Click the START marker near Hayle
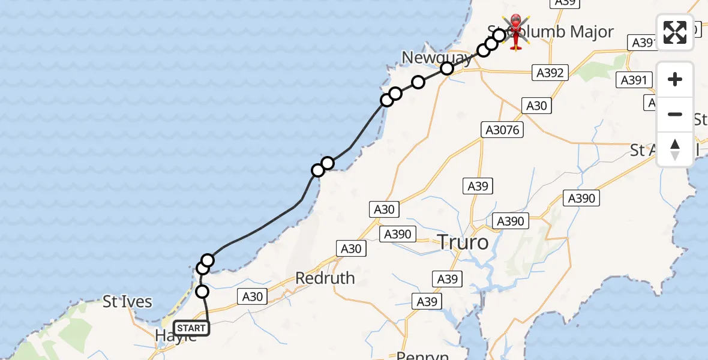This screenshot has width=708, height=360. point(191,328)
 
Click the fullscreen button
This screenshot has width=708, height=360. point(675,32)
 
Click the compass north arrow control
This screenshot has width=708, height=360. point(675,149)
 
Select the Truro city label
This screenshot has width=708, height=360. point(463,242)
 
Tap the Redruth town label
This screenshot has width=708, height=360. point(325,278)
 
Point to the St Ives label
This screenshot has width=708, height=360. point(127,301)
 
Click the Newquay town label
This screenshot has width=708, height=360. point(437,58)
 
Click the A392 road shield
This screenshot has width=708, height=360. point(550,73)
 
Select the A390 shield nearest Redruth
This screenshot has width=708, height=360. point(397,234)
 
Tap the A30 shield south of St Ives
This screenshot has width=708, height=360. point(252,296)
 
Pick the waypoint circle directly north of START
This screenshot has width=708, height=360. point(202,292)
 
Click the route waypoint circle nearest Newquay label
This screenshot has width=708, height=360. point(446,68)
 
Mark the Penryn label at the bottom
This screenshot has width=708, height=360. point(424,355)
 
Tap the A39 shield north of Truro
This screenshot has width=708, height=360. point(478,186)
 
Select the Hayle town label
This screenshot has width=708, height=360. point(176,337)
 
